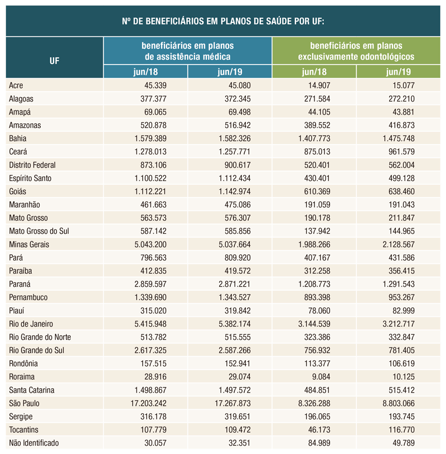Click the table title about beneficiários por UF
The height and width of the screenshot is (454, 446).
(223, 22)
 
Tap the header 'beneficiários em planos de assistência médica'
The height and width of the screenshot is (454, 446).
(187, 51)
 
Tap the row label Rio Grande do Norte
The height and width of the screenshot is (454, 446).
(40, 337)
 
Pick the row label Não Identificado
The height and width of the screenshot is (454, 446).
(34, 443)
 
